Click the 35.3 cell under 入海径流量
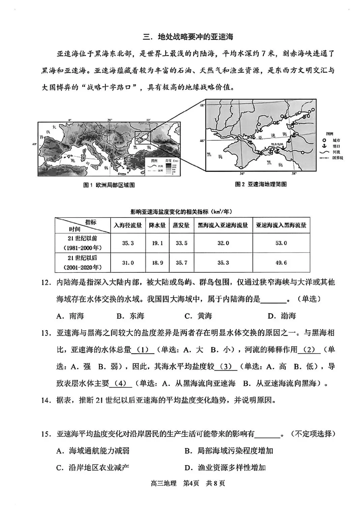point(128,243)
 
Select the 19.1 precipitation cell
point(157,243)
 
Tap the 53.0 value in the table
point(281,243)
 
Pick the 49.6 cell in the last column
point(281,263)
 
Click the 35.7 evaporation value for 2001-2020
point(181,263)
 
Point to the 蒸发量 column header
point(181,225)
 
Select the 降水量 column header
point(157,225)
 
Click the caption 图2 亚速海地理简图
point(261,184)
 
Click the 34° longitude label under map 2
point(242,174)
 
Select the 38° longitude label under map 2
point(294,174)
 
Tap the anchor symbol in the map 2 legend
point(325,146)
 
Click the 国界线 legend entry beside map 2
point(337,158)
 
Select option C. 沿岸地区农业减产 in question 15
point(93,468)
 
